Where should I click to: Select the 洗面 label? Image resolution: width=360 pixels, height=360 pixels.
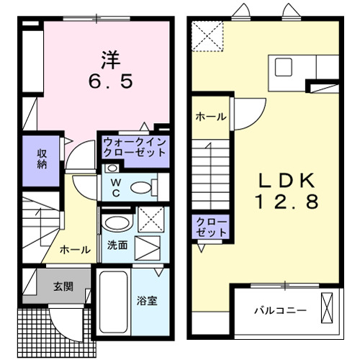(x=117, y=246)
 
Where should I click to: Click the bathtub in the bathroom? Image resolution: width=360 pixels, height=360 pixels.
(x=112, y=303)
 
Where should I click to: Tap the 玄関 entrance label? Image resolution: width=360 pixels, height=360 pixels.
(x=63, y=286)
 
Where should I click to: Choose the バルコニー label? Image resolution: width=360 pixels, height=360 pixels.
(x=280, y=311)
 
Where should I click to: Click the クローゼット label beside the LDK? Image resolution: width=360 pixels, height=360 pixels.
(x=209, y=227)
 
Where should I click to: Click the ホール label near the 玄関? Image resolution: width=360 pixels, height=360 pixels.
(x=75, y=250)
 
